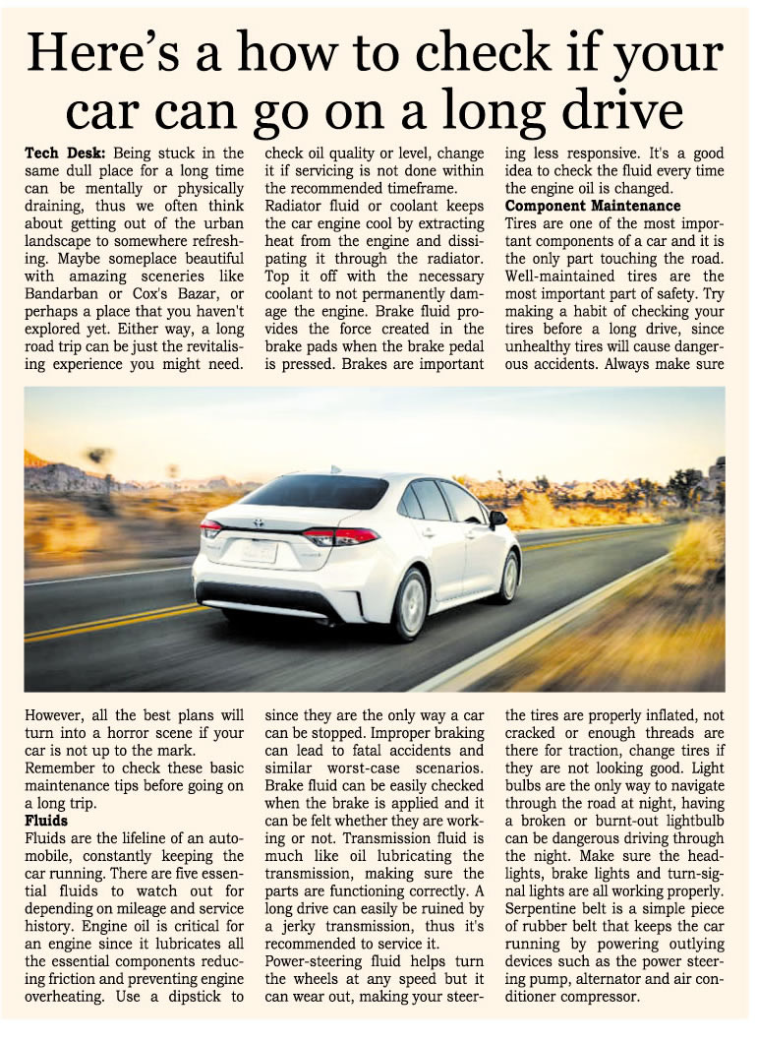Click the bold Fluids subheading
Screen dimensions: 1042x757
coord(46,818)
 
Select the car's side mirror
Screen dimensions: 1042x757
coord(498,517)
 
